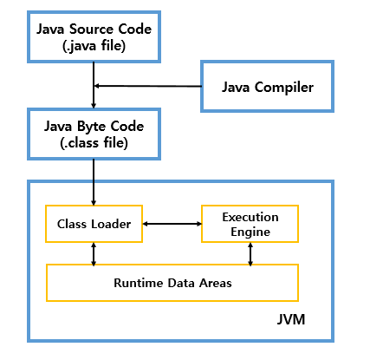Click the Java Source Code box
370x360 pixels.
94,37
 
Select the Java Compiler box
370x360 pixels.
267,86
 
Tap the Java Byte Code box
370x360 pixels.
94,134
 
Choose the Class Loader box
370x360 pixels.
94,224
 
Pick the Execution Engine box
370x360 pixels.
250,224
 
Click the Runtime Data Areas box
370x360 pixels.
172,283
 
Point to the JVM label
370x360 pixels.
291,319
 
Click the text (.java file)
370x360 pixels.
94,46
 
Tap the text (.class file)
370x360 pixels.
94,143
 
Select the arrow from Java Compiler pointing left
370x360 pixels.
148,86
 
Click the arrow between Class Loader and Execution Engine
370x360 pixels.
172,224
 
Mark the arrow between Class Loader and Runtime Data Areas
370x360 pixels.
94,254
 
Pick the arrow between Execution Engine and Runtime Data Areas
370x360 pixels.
250,254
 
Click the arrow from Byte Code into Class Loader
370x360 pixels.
94,182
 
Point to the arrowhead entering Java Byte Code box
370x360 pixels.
94,105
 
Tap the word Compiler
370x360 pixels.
284,88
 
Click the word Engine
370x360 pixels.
250,232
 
